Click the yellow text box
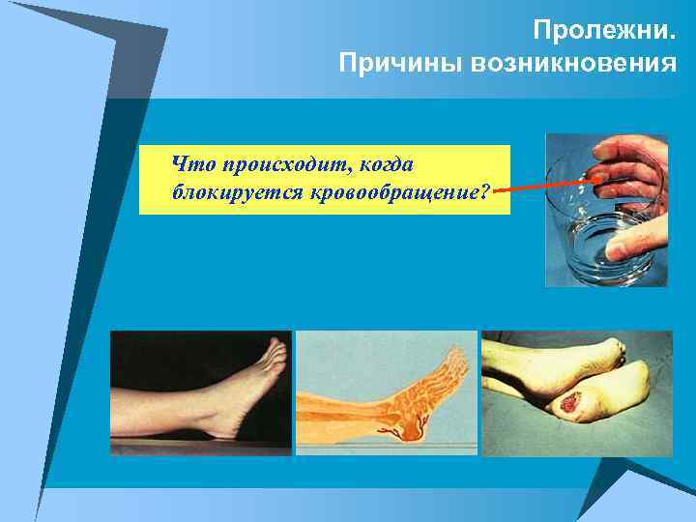pos(324,179)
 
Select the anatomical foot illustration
pos(386,392)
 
